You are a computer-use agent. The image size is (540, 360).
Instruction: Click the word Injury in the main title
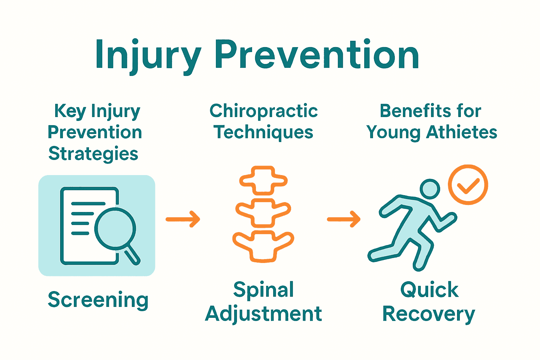point(148,56)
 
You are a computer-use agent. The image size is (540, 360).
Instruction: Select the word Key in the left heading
point(70,111)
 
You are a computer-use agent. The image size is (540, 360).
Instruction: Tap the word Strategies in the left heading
point(94,154)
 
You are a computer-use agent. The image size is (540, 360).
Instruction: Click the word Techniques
point(264,133)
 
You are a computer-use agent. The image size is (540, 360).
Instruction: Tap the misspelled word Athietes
point(462,133)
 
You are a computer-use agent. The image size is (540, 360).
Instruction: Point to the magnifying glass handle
point(133,255)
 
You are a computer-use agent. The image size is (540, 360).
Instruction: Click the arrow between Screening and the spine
point(183,219)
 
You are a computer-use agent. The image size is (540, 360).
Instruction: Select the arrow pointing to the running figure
point(343,219)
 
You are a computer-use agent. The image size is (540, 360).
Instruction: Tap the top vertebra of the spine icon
point(263,180)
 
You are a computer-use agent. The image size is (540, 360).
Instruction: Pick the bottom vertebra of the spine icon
point(263,246)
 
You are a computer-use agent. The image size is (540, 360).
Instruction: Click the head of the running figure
point(430,189)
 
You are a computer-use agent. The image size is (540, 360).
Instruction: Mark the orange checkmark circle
point(468,185)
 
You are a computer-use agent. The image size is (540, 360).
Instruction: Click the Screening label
point(98,300)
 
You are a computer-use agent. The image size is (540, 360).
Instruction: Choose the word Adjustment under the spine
point(264,314)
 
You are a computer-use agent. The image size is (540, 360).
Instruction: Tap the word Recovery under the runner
point(429,314)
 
